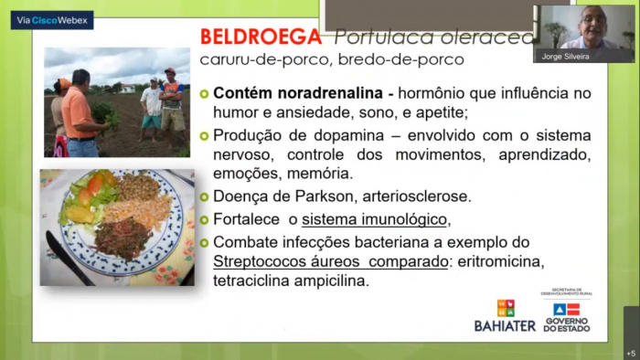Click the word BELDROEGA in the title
pyautogui.click(x=261, y=37)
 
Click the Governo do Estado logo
pyautogui.click(x=567, y=313)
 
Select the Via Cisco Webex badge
pyautogui.click(x=52, y=20)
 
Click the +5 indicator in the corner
pyautogui.click(x=630, y=352)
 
